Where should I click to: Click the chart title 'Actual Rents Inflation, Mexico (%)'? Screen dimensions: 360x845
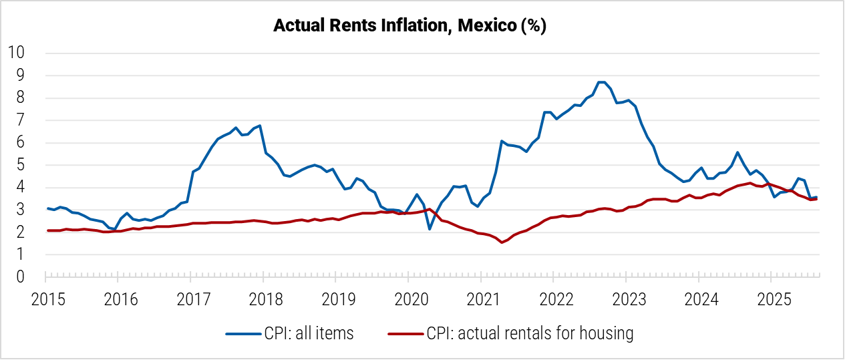pos(410,27)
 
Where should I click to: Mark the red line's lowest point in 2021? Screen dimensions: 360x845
pos(501,242)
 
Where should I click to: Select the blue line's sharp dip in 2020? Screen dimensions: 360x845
pos(430,229)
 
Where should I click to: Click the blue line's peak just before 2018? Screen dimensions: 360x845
pos(259,126)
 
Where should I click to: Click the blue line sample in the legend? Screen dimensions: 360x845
pos(241,333)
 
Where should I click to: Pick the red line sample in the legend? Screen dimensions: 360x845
pos(405,333)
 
